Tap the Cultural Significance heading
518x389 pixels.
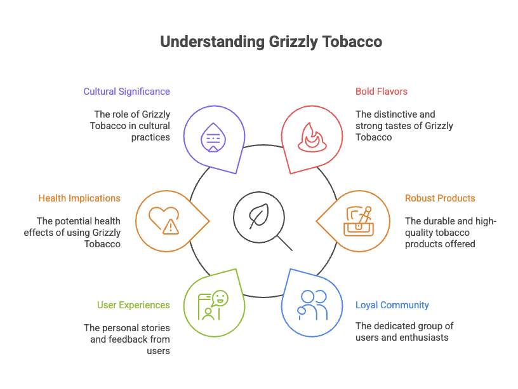(126, 92)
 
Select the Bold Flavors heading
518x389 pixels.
(381, 92)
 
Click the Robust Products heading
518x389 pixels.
(440, 198)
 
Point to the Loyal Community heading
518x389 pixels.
(392, 305)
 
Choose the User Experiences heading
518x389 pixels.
(133, 305)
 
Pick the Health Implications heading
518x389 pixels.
(79, 198)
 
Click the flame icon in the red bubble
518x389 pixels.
(310, 137)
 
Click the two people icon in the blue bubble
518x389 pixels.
(312, 304)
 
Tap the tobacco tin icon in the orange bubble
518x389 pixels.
(358, 221)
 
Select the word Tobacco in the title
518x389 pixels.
(352, 42)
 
